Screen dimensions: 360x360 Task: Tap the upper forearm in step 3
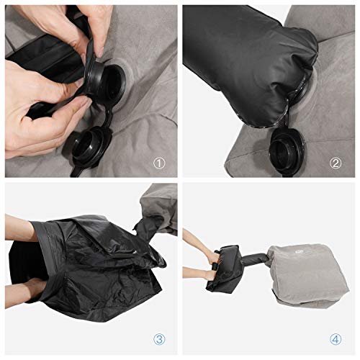[22, 229]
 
